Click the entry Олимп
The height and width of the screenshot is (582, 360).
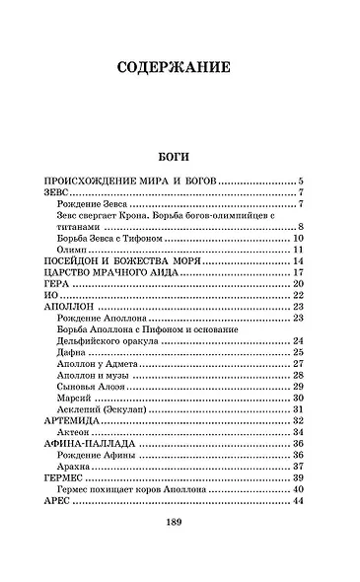tap(72, 251)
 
